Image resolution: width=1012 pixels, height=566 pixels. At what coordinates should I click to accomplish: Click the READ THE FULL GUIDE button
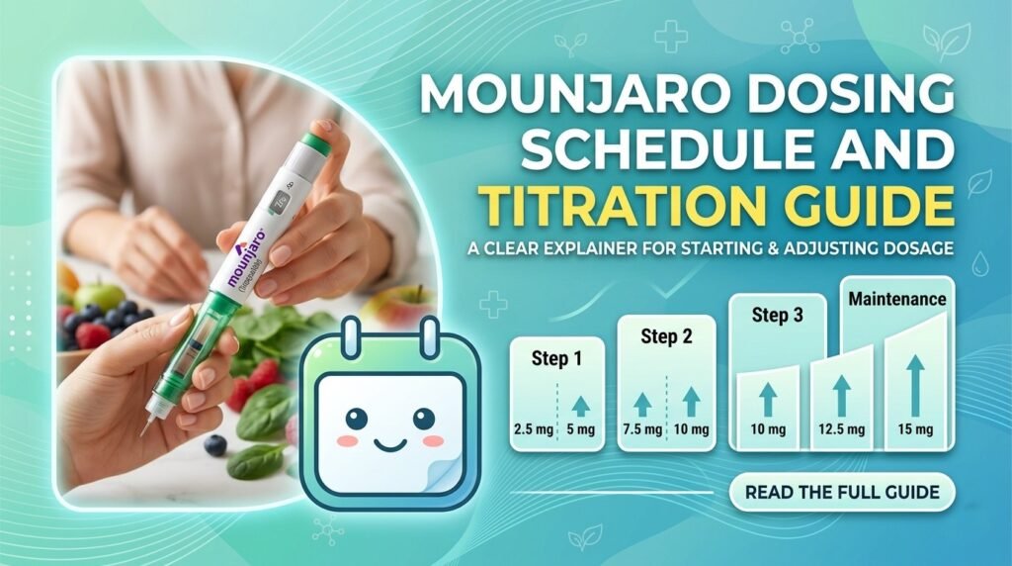(x=842, y=491)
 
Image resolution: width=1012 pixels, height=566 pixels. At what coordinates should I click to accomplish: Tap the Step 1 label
(x=556, y=359)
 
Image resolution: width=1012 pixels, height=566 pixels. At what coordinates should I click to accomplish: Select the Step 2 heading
(x=666, y=337)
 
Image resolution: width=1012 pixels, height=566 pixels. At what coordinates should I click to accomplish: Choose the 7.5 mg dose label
(x=641, y=431)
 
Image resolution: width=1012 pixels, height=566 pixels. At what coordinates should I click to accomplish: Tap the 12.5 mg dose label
(x=841, y=430)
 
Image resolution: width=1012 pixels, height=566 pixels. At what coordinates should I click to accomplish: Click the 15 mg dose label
(x=918, y=430)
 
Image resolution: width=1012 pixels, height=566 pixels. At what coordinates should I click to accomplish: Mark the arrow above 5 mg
(x=580, y=404)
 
